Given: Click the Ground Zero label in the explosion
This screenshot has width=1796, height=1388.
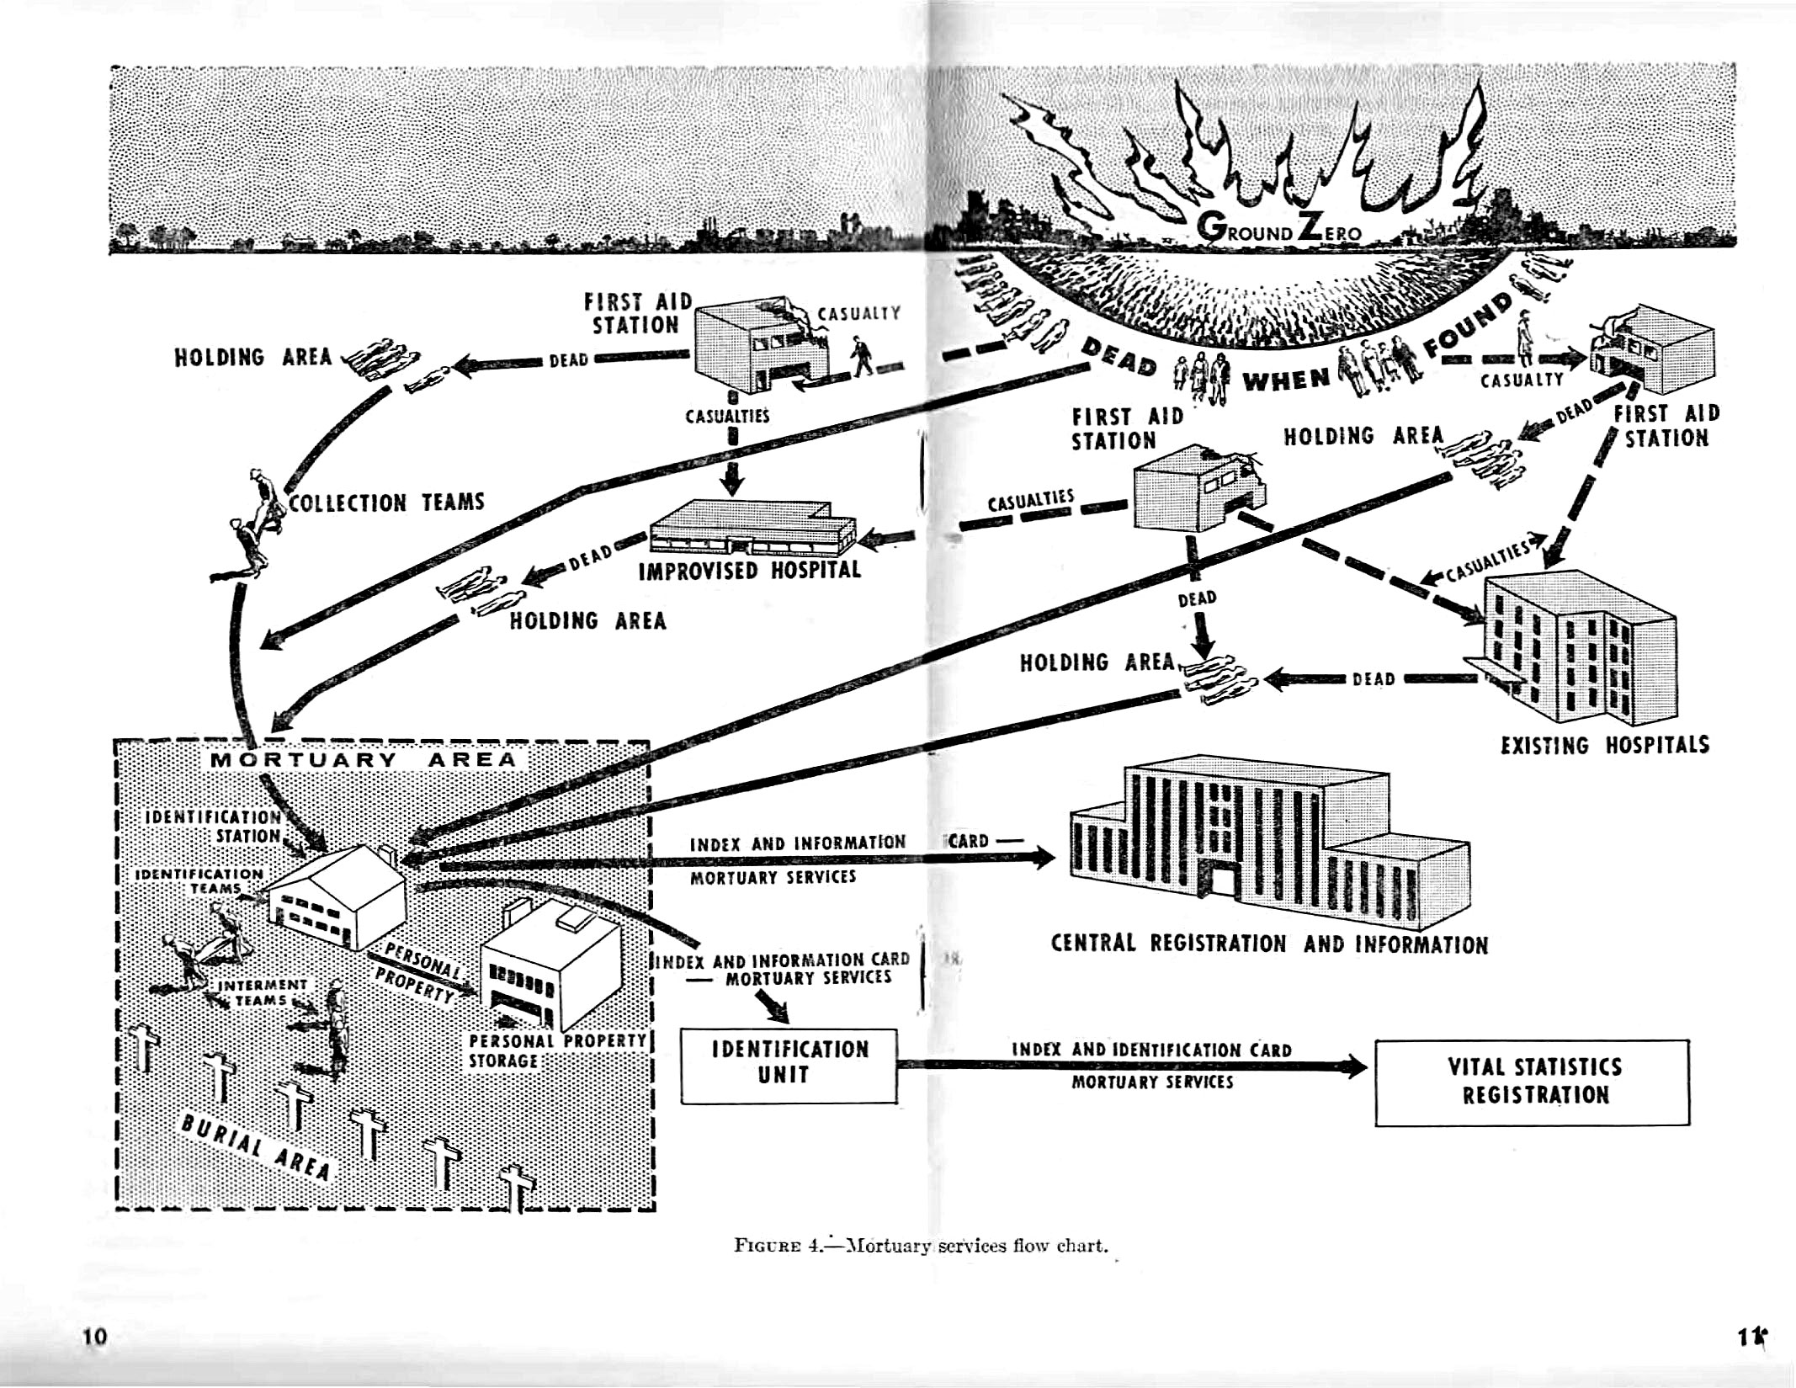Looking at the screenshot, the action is pyautogui.click(x=1278, y=229).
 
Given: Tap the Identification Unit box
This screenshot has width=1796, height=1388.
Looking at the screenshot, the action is pyautogui.click(x=789, y=1066).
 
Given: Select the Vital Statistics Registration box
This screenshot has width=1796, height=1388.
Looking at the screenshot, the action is pyautogui.click(x=1533, y=1082).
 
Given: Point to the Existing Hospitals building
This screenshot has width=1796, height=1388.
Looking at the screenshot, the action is pyautogui.click(x=1574, y=648).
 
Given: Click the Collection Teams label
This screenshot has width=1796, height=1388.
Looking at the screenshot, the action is pyautogui.click(x=386, y=503).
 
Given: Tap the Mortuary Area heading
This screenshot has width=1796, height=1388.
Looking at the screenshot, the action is pyautogui.click(x=364, y=759).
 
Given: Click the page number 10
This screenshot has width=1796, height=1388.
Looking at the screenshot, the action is pyautogui.click(x=96, y=1336).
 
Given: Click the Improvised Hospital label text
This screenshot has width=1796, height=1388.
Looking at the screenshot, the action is pyautogui.click(x=750, y=571).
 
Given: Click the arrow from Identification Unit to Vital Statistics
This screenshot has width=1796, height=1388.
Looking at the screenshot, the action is pyautogui.click(x=1132, y=1066).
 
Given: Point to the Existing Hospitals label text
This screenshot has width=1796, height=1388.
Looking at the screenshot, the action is pyautogui.click(x=1605, y=746).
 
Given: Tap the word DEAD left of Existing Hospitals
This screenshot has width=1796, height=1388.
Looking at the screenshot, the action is pyautogui.click(x=1374, y=679).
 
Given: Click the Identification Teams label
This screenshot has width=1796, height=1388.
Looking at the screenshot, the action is pyautogui.click(x=200, y=881).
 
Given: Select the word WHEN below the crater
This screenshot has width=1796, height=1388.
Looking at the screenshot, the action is pyautogui.click(x=1286, y=380).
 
